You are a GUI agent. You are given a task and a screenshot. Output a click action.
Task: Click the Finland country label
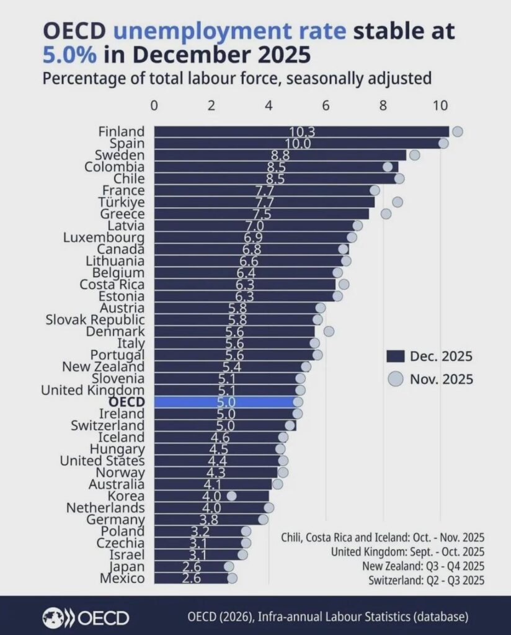pos(122,131)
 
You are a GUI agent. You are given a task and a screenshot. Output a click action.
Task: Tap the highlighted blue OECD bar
pos(223,402)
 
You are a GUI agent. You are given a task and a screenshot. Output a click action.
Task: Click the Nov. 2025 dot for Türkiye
pos(398,202)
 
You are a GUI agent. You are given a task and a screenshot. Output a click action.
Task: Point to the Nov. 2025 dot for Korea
pos(231,495)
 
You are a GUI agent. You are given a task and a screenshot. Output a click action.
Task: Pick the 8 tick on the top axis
pos(383,105)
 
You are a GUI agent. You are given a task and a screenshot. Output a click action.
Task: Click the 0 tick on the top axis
pos(154,105)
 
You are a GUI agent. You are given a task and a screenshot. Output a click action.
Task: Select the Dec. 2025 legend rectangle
pos(395,356)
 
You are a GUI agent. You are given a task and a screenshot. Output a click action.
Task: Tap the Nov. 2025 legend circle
pos(395,378)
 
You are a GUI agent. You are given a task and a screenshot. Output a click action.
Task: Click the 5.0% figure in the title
pos(69,55)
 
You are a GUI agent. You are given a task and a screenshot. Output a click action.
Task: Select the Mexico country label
pos(122,579)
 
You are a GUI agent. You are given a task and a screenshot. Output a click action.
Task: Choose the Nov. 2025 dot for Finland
pos(458,131)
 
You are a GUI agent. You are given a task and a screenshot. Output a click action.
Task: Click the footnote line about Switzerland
pos(426,580)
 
